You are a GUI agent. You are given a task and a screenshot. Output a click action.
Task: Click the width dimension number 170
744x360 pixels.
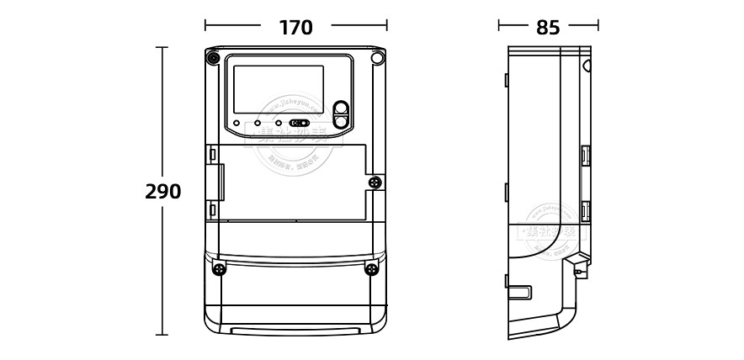pyautogui.click(x=295, y=28)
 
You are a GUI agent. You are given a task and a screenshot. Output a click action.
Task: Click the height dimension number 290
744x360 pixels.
pyautogui.click(x=162, y=192)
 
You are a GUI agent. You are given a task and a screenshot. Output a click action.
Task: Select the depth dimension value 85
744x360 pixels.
pyautogui.click(x=548, y=28)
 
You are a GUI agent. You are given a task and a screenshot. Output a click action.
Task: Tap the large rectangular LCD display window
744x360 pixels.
pyautogui.click(x=278, y=90)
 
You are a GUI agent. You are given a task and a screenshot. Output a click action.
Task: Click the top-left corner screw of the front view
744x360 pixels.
pyautogui.click(x=213, y=59)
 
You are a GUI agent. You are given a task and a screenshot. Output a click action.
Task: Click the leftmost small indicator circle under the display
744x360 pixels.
pyautogui.click(x=237, y=123)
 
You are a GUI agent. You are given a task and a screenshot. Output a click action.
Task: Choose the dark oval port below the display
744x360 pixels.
pyautogui.click(x=300, y=123)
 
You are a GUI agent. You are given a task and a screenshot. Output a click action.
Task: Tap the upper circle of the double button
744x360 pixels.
pyautogui.click(x=341, y=108)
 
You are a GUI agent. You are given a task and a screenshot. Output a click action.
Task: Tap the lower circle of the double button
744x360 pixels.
pyautogui.click(x=341, y=121)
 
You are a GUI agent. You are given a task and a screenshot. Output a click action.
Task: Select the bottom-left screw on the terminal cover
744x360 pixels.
pyautogui.click(x=219, y=269)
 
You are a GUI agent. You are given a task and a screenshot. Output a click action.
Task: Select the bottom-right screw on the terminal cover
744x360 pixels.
pyautogui.click(x=370, y=269)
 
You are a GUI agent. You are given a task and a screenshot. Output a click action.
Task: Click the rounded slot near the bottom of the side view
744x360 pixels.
pyautogui.click(x=519, y=293)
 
